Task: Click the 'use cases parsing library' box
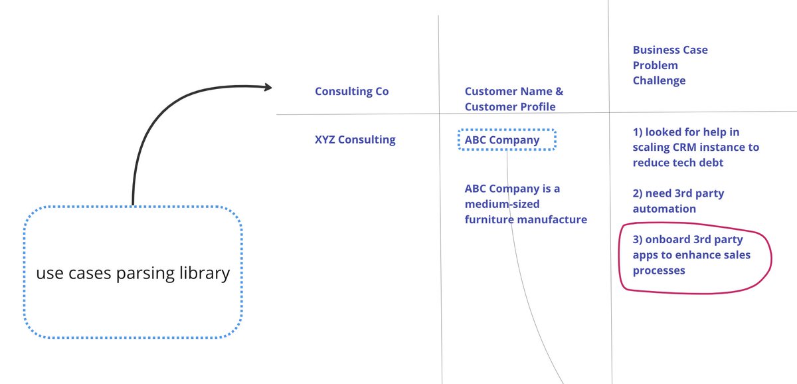133,273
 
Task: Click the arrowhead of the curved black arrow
268,87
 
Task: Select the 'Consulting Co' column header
351,92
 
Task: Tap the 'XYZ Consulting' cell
355,140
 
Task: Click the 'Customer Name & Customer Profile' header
513,99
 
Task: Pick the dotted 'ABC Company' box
507,140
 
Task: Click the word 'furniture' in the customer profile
488,219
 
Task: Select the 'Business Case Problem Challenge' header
669,65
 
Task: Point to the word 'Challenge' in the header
659,80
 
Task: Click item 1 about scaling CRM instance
695,147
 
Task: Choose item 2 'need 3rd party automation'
677,201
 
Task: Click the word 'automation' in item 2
664,209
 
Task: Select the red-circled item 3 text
691,255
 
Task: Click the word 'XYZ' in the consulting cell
326,140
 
